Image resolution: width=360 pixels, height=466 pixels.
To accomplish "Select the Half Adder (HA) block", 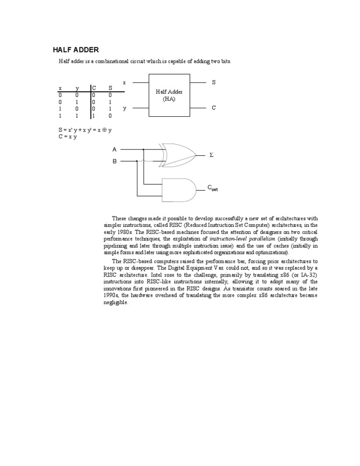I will pyautogui.click(x=169, y=95).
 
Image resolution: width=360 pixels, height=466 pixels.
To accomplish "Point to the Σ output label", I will pyautogui.click(x=210, y=154).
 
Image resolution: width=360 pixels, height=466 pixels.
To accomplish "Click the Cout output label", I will pyautogui.click(x=212, y=188).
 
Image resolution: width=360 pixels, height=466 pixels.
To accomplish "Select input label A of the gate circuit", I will pyautogui.click(x=114, y=150).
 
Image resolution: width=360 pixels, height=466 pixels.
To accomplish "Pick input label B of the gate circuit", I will pyautogui.click(x=114, y=161).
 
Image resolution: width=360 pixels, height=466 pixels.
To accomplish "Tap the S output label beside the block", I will pyautogui.click(x=214, y=83).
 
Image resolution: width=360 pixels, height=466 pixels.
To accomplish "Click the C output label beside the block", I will pyautogui.click(x=214, y=108).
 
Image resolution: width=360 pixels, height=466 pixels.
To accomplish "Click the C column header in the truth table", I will pyautogui.click(x=94, y=88).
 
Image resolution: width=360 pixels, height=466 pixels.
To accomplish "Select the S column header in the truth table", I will pyautogui.click(x=110, y=88).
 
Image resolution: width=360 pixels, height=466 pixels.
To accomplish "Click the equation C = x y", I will pyautogui.click(x=67, y=136).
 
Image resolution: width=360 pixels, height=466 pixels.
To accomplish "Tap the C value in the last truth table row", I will pyautogui.click(x=93, y=115).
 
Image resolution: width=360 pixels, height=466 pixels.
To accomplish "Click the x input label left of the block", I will pyautogui.click(x=124, y=83).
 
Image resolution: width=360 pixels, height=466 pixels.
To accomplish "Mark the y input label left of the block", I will pyautogui.click(x=124, y=108).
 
